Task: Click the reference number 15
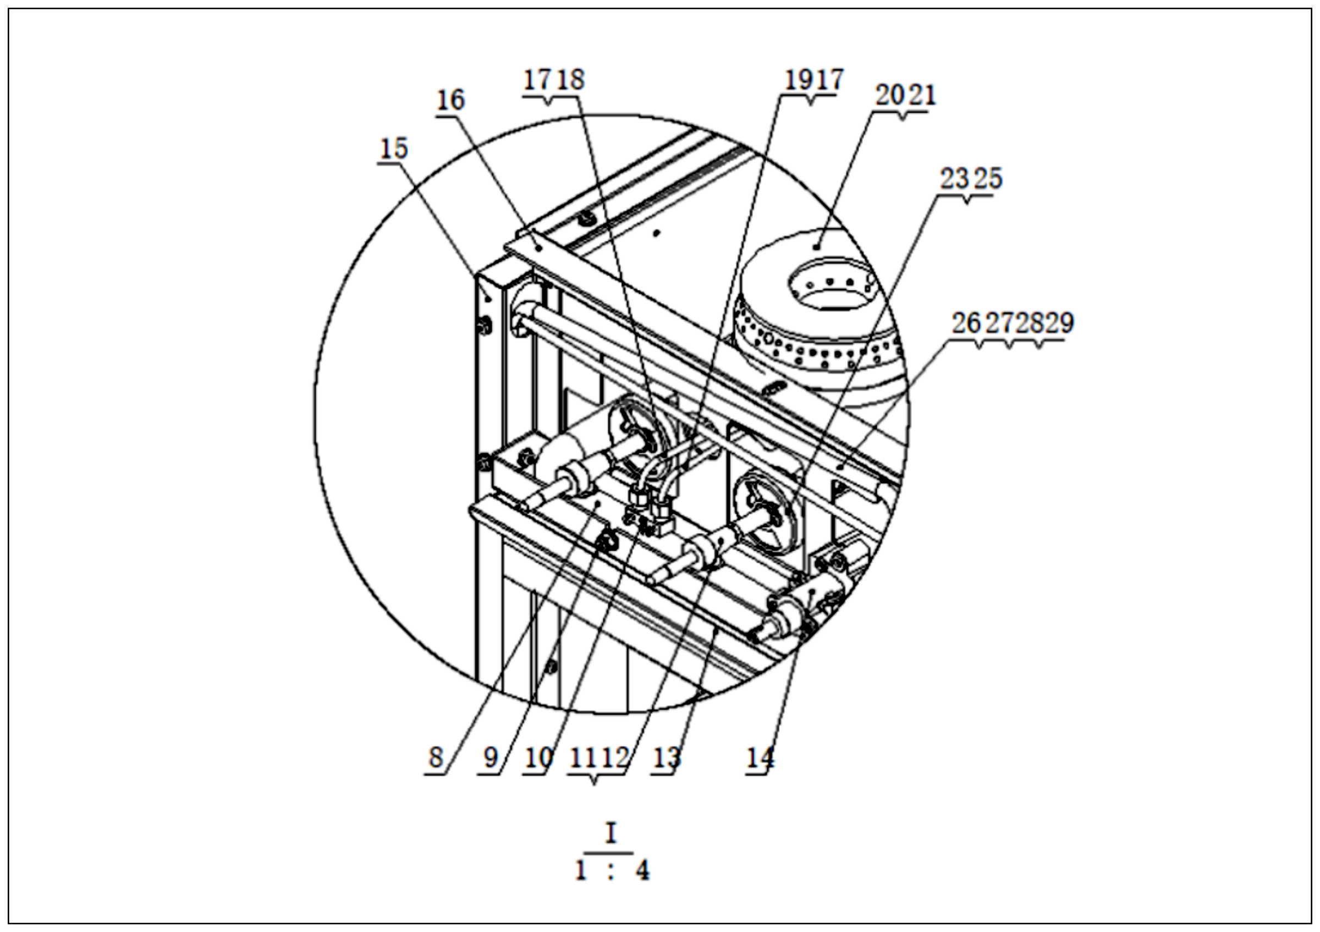394,149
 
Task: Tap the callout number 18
570,79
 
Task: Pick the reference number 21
922,95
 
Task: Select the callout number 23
954,179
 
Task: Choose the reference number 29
1059,323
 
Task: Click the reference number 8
436,758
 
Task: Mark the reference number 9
490,758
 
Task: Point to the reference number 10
538,758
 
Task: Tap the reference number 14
760,758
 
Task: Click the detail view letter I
610,832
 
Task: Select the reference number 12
615,758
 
